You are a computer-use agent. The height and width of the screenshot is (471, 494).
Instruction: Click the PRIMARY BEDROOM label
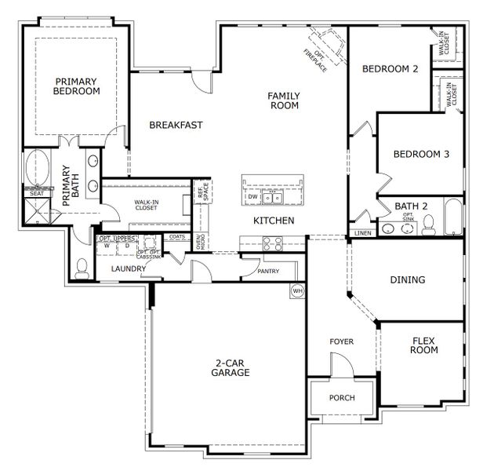(77, 86)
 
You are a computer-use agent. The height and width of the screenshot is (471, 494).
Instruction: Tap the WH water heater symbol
(297, 290)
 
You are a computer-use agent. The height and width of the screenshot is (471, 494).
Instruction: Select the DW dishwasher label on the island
(253, 197)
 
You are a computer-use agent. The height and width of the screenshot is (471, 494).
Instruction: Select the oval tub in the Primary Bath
(37, 168)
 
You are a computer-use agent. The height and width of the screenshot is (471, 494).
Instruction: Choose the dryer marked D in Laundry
(127, 245)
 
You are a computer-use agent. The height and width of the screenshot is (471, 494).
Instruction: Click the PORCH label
(341, 398)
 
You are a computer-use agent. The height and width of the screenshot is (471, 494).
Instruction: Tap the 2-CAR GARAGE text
(231, 367)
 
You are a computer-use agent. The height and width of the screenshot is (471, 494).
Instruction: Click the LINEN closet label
(362, 233)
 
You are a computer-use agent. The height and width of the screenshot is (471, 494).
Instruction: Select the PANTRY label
(269, 271)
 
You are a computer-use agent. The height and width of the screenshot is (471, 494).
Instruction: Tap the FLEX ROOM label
(424, 345)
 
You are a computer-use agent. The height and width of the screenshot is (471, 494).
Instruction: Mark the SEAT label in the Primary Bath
(36, 192)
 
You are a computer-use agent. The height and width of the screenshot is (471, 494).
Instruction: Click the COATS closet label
(177, 236)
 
